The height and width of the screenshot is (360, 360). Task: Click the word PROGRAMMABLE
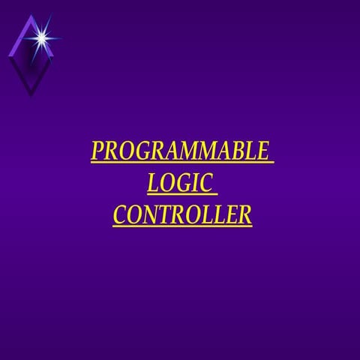point(179,151)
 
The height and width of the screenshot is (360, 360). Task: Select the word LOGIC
point(180,183)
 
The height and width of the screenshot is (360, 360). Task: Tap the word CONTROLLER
point(181,215)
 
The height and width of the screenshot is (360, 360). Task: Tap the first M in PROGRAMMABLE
point(189,151)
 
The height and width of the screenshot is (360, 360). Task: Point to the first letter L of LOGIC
point(154,183)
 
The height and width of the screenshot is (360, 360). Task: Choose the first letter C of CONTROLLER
point(120,215)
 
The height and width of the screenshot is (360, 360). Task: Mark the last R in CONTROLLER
point(243,215)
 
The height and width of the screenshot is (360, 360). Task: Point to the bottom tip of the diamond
point(30,95)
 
